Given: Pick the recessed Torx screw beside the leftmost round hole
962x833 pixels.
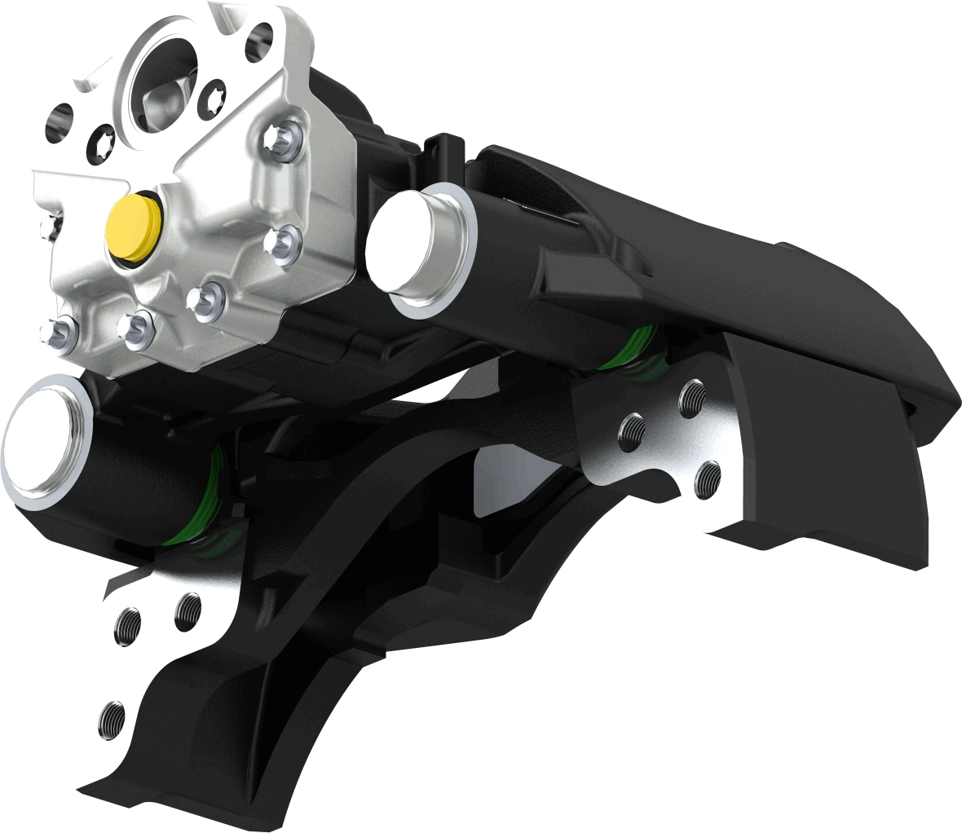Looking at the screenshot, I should pos(104,137).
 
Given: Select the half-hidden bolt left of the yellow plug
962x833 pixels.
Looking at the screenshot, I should pos(51,224).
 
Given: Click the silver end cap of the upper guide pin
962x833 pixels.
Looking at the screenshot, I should pos(420,249).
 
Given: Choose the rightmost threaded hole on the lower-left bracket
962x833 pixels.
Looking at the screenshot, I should pos(188,611).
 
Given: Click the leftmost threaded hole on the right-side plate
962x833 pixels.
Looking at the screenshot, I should pos(632,429).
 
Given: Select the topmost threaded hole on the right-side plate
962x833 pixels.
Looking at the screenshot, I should pos(693,397).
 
